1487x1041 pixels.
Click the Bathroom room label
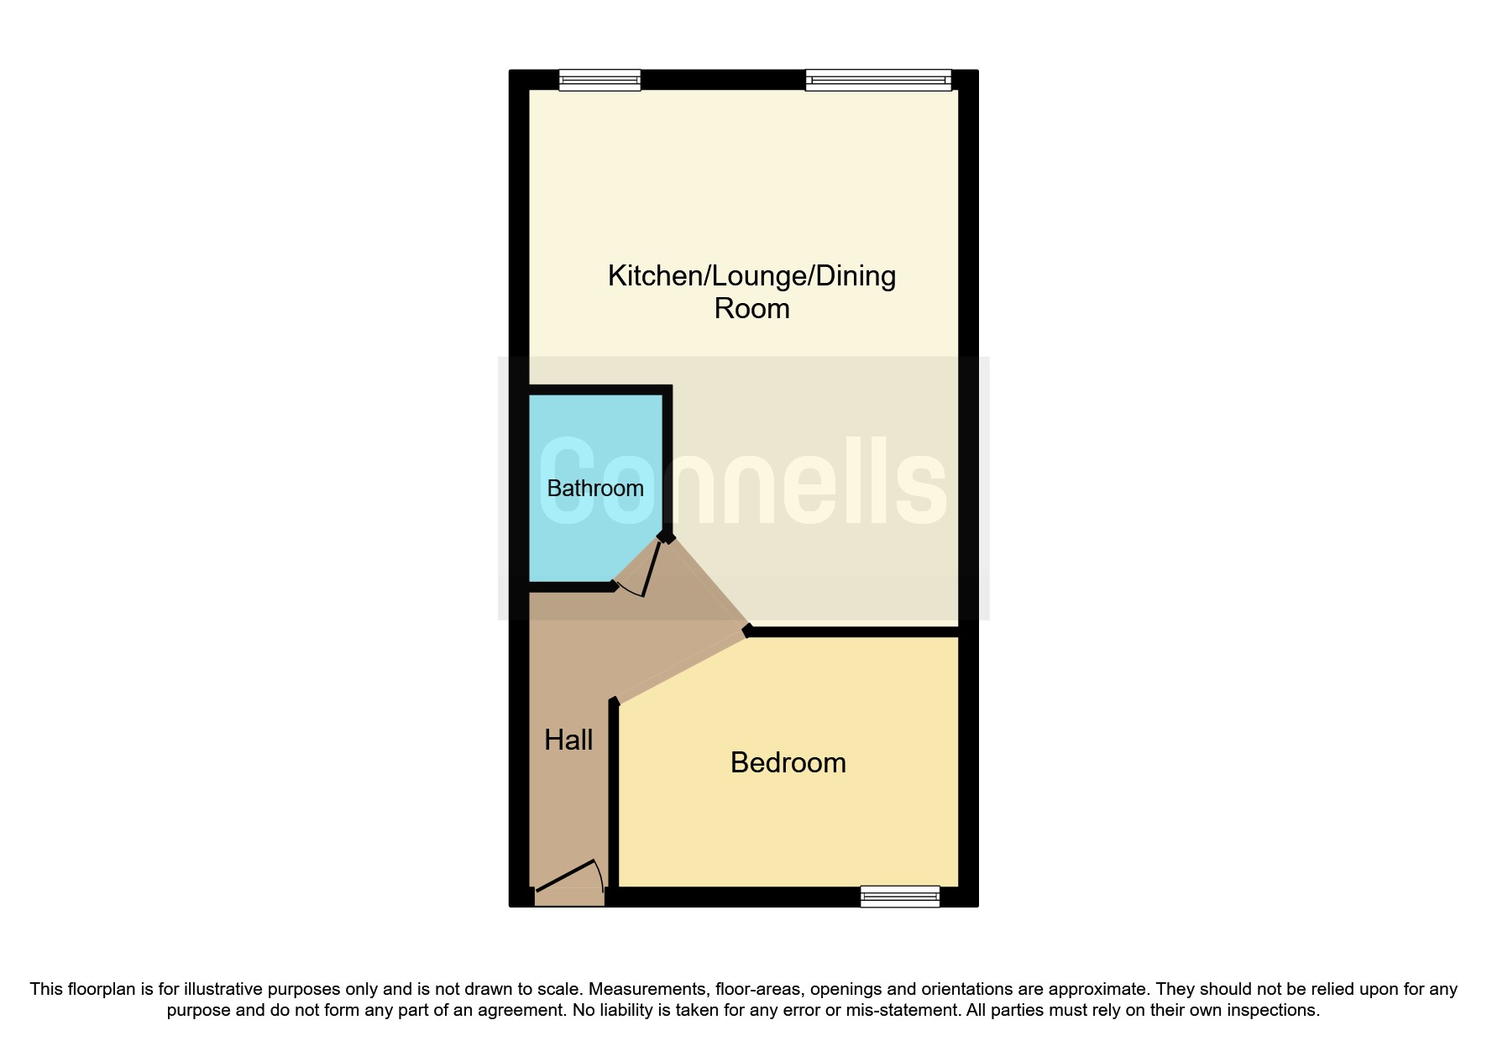(x=594, y=489)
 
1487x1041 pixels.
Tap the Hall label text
(x=568, y=740)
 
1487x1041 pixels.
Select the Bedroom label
(x=788, y=763)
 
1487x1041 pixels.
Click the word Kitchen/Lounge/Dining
(x=751, y=276)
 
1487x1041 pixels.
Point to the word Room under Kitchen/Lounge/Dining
(x=751, y=309)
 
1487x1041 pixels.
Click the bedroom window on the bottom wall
(x=899, y=897)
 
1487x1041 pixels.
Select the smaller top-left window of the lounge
(x=600, y=81)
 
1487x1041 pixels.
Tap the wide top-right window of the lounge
(x=877, y=81)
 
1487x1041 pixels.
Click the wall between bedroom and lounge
(x=852, y=632)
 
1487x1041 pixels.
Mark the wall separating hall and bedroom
(x=614, y=798)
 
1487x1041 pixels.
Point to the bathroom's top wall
(x=600, y=390)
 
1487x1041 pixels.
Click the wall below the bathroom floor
(x=571, y=588)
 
